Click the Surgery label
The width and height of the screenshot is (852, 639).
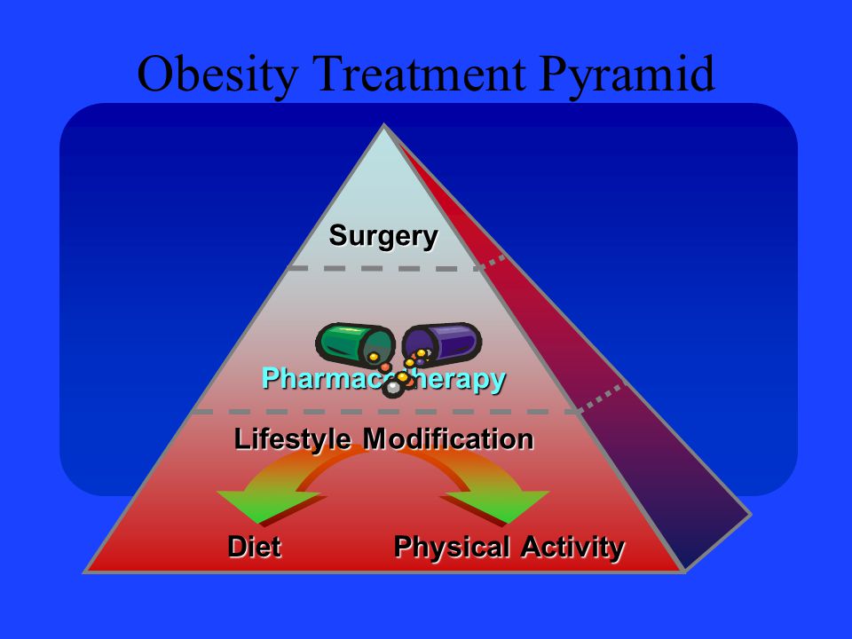[x=383, y=236]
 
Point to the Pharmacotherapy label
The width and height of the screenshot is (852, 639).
[x=383, y=379]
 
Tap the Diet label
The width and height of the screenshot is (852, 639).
[x=255, y=547]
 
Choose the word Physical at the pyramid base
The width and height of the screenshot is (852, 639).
[x=452, y=547]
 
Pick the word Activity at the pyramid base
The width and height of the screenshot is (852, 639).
[x=572, y=547]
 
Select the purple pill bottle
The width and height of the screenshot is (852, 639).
[x=443, y=342]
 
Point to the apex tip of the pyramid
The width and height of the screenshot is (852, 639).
[x=383, y=127]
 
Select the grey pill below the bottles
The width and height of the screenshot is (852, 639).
[x=391, y=388]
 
